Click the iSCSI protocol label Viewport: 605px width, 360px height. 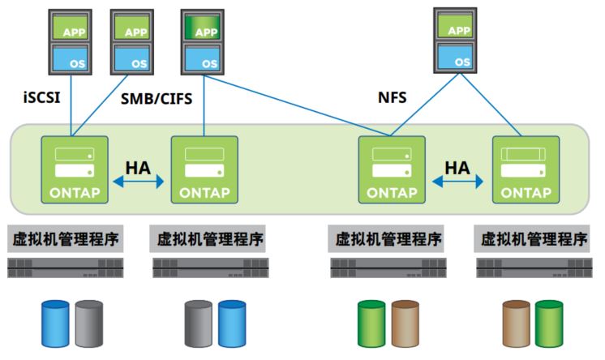[x=41, y=96]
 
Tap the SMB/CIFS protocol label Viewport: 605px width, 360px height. [x=157, y=99]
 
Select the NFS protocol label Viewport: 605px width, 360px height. [x=392, y=97]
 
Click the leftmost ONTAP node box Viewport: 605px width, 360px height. [x=75, y=169]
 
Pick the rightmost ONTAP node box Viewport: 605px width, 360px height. [x=526, y=169]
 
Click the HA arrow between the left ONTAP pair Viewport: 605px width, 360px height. [x=138, y=182]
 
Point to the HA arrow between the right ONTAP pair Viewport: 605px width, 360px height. [x=457, y=182]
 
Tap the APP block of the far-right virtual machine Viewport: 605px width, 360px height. [x=455, y=26]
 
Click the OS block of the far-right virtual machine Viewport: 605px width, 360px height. [x=455, y=56]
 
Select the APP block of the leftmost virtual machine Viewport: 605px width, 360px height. [x=71, y=28]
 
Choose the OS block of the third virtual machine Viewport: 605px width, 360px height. [x=203, y=58]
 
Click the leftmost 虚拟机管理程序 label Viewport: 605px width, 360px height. [x=65, y=239]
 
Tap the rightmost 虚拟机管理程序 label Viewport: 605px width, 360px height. [x=532, y=239]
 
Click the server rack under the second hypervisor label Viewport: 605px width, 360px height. [x=211, y=268]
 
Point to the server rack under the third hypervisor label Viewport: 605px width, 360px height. [x=388, y=268]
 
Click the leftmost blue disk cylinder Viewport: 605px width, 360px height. [x=56, y=324]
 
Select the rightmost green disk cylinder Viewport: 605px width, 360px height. [x=549, y=324]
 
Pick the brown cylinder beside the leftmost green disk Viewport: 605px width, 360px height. [x=405, y=324]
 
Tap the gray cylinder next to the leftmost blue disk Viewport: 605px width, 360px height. [x=89, y=324]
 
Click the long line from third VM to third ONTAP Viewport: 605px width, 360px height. [x=297, y=105]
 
